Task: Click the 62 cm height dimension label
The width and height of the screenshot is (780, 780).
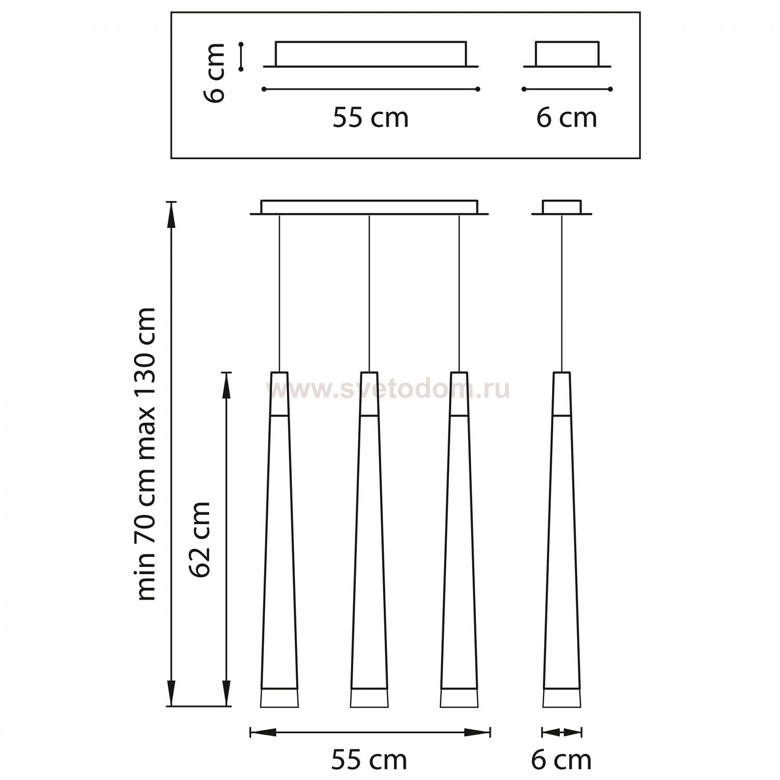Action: coord(200,539)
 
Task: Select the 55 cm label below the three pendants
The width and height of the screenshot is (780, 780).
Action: coord(369,760)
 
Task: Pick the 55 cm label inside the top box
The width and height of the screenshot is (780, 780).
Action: coord(371,118)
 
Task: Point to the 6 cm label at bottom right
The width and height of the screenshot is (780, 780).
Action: coord(561,760)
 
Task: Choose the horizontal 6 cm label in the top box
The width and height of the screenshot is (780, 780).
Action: coord(567,118)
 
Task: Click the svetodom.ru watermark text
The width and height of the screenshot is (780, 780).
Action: coord(387,389)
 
